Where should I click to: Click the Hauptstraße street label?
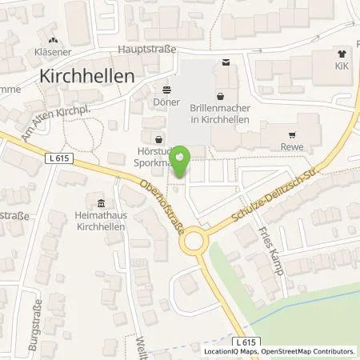pyautogui.click(x=147, y=48)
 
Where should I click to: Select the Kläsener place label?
pyautogui.click(x=53, y=50)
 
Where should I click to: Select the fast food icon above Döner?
pyautogui.click(x=167, y=90)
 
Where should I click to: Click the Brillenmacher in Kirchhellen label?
pyautogui.click(x=219, y=113)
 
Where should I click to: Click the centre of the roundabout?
pyautogui.click(x=194, y=240)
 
